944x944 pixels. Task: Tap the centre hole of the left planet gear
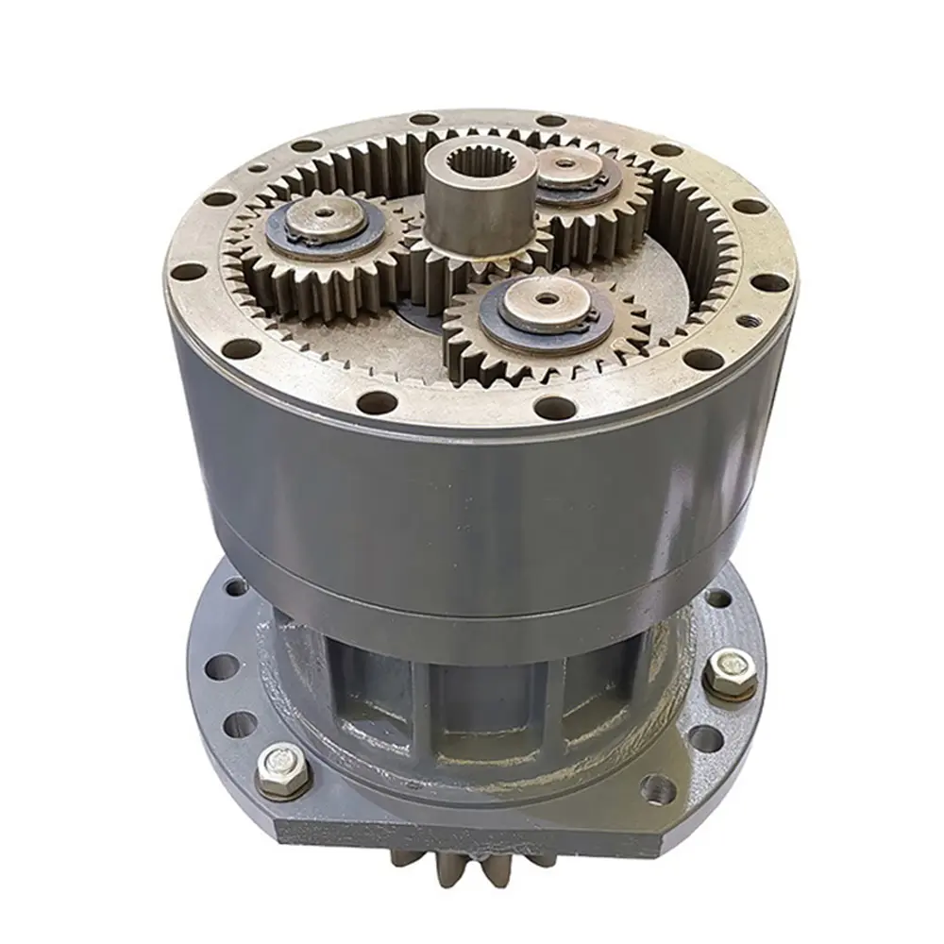(x=324, y=214)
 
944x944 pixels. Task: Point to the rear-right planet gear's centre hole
(x=565, y=164)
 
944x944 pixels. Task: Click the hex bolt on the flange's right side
(x=729, y=672)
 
